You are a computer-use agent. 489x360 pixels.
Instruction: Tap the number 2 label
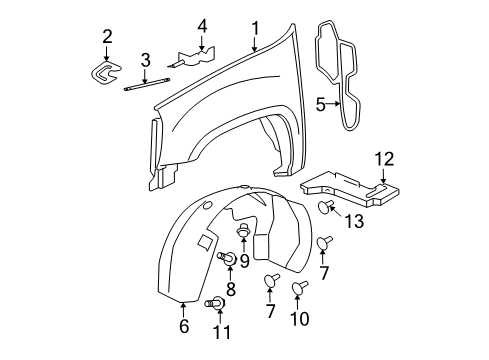[x=107, y=37]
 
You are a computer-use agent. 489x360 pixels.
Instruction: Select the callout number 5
[x=321, y=103]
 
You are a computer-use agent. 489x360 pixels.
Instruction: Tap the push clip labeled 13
[x=327, y=207]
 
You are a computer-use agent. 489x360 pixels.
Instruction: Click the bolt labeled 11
[x=214, y=304]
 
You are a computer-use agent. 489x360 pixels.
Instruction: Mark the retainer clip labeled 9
[x=243, y=235]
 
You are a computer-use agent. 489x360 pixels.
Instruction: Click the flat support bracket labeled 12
[x=350, y=187]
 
